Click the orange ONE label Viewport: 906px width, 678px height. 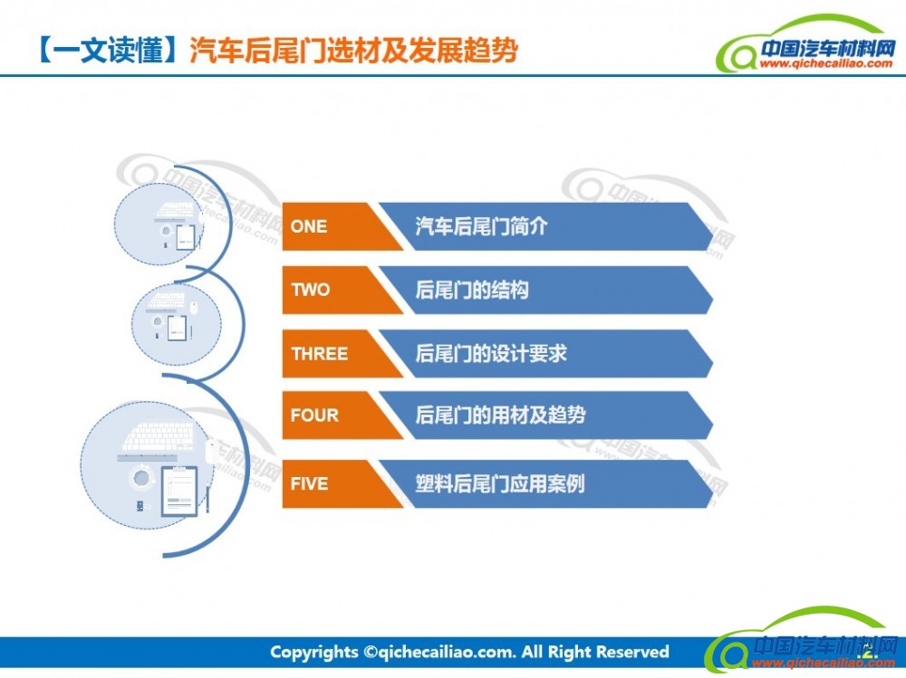(x=309, y=226)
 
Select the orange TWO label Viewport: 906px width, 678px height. (x=310, y=290)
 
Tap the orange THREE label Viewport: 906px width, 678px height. (x=320, y=353)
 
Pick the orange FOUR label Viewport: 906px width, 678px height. (x=314, y=415)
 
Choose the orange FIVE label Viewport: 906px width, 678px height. (x=309, y=483)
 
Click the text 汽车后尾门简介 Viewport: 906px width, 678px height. (x=481, y=226)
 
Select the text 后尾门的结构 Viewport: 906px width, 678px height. (x=471, y=290)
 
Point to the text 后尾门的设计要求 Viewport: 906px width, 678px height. (x=490, y=353)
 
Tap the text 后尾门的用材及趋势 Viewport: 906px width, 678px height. (x=500, y=415)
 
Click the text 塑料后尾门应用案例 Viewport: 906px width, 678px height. (x=500, y=483)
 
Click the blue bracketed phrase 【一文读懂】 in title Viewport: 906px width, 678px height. (x=108, y=50)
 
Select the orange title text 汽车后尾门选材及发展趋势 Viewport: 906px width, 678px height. (x=353, y=50)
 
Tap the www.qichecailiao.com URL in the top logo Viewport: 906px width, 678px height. (x=825, y=63)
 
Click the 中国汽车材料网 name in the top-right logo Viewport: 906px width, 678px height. (x=828, y=48)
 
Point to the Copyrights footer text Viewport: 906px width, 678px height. (x=469, y=652)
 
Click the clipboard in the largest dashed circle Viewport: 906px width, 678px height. (x=179, y=491)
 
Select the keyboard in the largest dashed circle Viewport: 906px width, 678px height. (x=159, y=436)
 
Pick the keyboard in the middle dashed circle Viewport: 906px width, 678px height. (x=166, y=301)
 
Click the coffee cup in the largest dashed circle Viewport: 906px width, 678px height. (x=141, y=478)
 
